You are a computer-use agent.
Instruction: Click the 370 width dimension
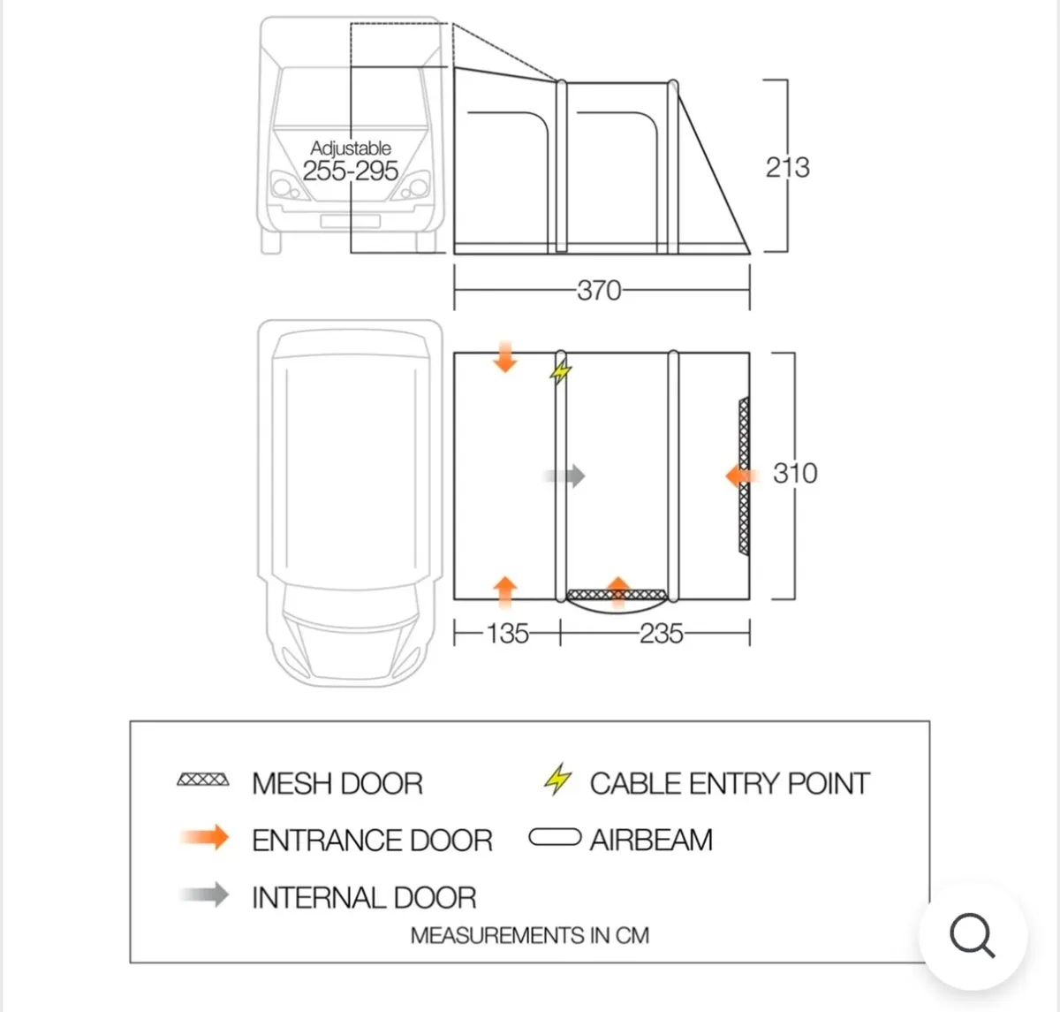[599, 290]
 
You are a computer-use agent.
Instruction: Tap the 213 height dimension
[788, 167]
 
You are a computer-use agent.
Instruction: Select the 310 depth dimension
[795, 473]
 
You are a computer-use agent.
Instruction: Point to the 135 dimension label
[507, 634]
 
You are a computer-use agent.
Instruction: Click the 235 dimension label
[661, 634]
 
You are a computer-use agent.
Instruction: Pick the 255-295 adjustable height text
[351, 171]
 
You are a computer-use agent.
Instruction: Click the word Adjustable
[351, 148]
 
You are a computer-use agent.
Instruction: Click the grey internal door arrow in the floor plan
[564, 476]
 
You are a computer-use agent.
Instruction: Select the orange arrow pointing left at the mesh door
[742, 476]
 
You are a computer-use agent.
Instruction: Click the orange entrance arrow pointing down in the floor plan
[505, 356]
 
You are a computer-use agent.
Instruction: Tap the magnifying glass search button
[973, 935]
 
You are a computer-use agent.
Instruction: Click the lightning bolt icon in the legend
[557, 780]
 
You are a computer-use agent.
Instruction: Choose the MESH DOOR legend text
[337, 783]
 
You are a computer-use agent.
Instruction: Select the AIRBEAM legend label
[651, 840]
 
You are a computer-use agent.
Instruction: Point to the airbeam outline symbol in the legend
[555, 837]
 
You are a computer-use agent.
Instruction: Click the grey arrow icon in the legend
[204, 894]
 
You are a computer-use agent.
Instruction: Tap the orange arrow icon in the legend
[204, 837]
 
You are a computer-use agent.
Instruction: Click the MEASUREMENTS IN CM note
[530, 935]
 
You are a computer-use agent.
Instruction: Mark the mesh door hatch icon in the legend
[203, 780]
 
